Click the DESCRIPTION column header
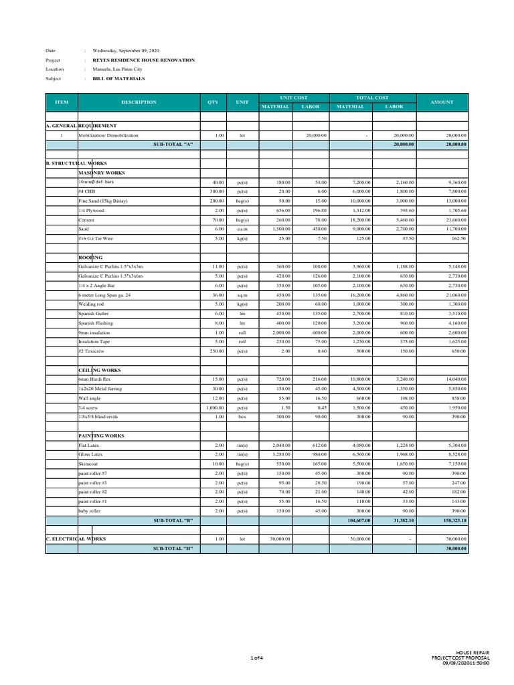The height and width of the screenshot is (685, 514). point(139,102)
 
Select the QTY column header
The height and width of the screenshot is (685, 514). point(213,102)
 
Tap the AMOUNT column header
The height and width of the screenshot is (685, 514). point(442,102)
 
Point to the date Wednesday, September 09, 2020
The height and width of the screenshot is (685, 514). point(121,51)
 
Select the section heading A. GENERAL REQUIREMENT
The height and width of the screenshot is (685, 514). point(81,126)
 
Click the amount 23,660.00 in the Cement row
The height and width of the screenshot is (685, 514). point(454,219)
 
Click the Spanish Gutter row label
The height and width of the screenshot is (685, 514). point(95,313)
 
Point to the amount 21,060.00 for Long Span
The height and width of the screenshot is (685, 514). point(454,294)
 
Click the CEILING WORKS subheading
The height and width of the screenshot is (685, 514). point(99,370)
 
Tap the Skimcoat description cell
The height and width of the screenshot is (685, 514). point(89,463)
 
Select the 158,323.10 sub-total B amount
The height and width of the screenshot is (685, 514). point(453,520)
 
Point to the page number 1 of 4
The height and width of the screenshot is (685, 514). point(257,659)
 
